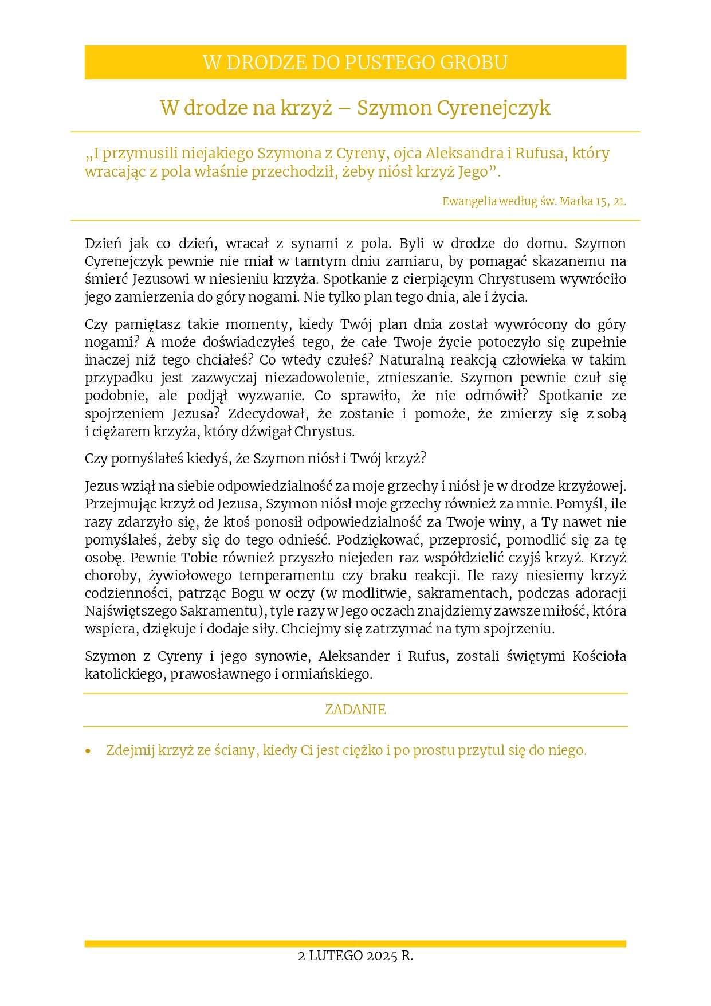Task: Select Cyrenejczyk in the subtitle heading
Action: tap(494, 108)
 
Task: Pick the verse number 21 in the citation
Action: tap(619, 202)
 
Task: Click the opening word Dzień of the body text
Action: tap(103, 244)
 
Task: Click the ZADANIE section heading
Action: tap(355, 710)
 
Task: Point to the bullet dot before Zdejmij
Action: tap(88, 751)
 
